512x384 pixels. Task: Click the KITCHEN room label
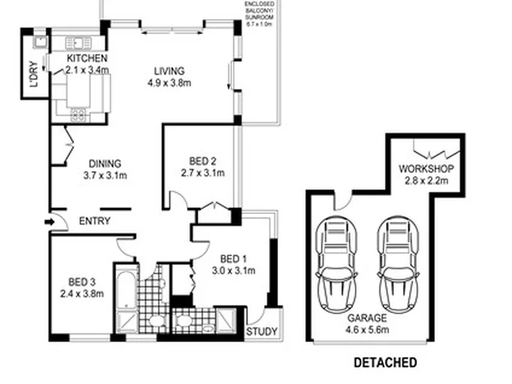[x=87, y=58]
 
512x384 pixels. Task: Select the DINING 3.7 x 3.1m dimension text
[x=102, y=175]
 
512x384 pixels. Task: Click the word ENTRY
[x=94, y=221]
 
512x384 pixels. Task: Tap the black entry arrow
[x=49, y=222]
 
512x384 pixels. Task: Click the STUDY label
[x=262, y=332]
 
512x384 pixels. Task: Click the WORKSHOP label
[x=426, y=169]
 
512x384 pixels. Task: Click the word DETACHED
[x=385, y=363]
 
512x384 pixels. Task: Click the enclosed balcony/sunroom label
[x=259, y=14]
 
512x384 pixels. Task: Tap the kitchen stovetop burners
[x=78, y=114]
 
